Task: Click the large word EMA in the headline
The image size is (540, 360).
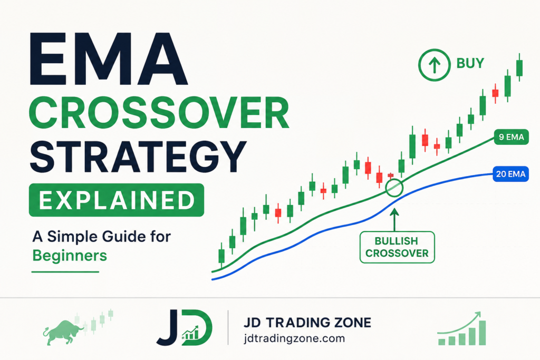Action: (109, 59)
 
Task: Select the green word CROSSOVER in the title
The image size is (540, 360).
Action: (159, 113)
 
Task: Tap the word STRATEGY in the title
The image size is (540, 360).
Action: (138, 156)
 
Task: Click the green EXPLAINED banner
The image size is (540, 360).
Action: (117, 200)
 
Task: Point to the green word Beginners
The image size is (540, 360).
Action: (70, 255)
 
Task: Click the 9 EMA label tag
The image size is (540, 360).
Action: (511, 137)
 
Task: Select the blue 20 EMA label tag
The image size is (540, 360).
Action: (510, 174)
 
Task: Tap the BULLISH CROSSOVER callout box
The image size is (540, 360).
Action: (397, 247)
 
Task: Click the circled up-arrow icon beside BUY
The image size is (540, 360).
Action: (435, 65)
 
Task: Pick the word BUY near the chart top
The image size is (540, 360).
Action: (470, 63)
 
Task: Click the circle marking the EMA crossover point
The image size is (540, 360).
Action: (394, 180)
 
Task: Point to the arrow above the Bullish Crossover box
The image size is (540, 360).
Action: (394, 220)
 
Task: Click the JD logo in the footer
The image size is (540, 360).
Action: (185, 327)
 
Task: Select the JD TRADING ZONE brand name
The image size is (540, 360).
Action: (307, 323)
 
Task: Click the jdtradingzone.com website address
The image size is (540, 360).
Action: (294, 338)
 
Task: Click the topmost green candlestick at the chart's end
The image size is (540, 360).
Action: (519, 67)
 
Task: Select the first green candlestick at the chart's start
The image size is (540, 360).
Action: (221, 256)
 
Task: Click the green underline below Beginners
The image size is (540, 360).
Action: (65, 272)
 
